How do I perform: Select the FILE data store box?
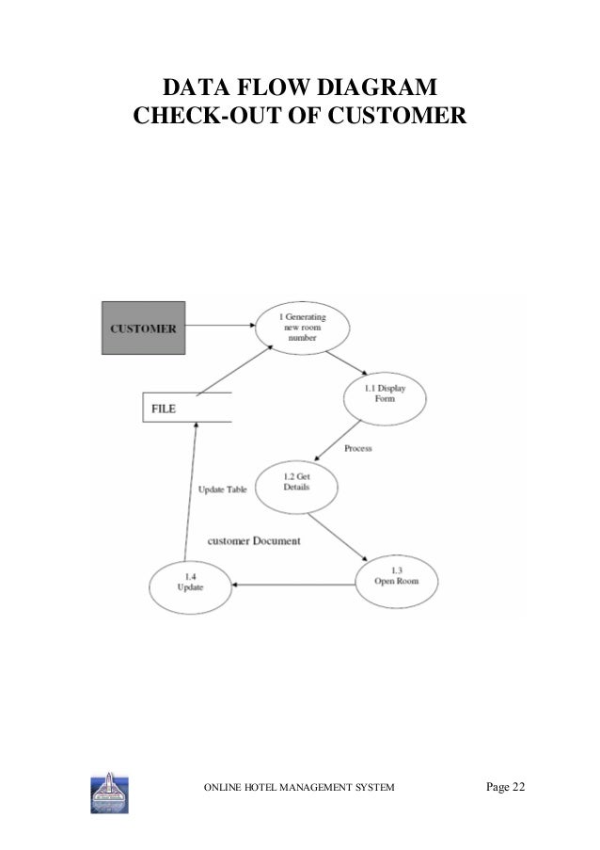point(186,409)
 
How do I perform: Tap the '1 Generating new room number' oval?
point(302,332)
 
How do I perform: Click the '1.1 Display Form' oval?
point(384,394)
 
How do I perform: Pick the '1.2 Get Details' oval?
point(296,486)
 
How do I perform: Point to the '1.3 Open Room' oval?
point(399,578)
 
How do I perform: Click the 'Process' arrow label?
point(357,449)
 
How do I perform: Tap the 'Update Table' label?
point(223,489)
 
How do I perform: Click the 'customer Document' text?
point(253,541)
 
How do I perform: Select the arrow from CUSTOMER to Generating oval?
point(219,326)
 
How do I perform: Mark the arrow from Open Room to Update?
point(295,585)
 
